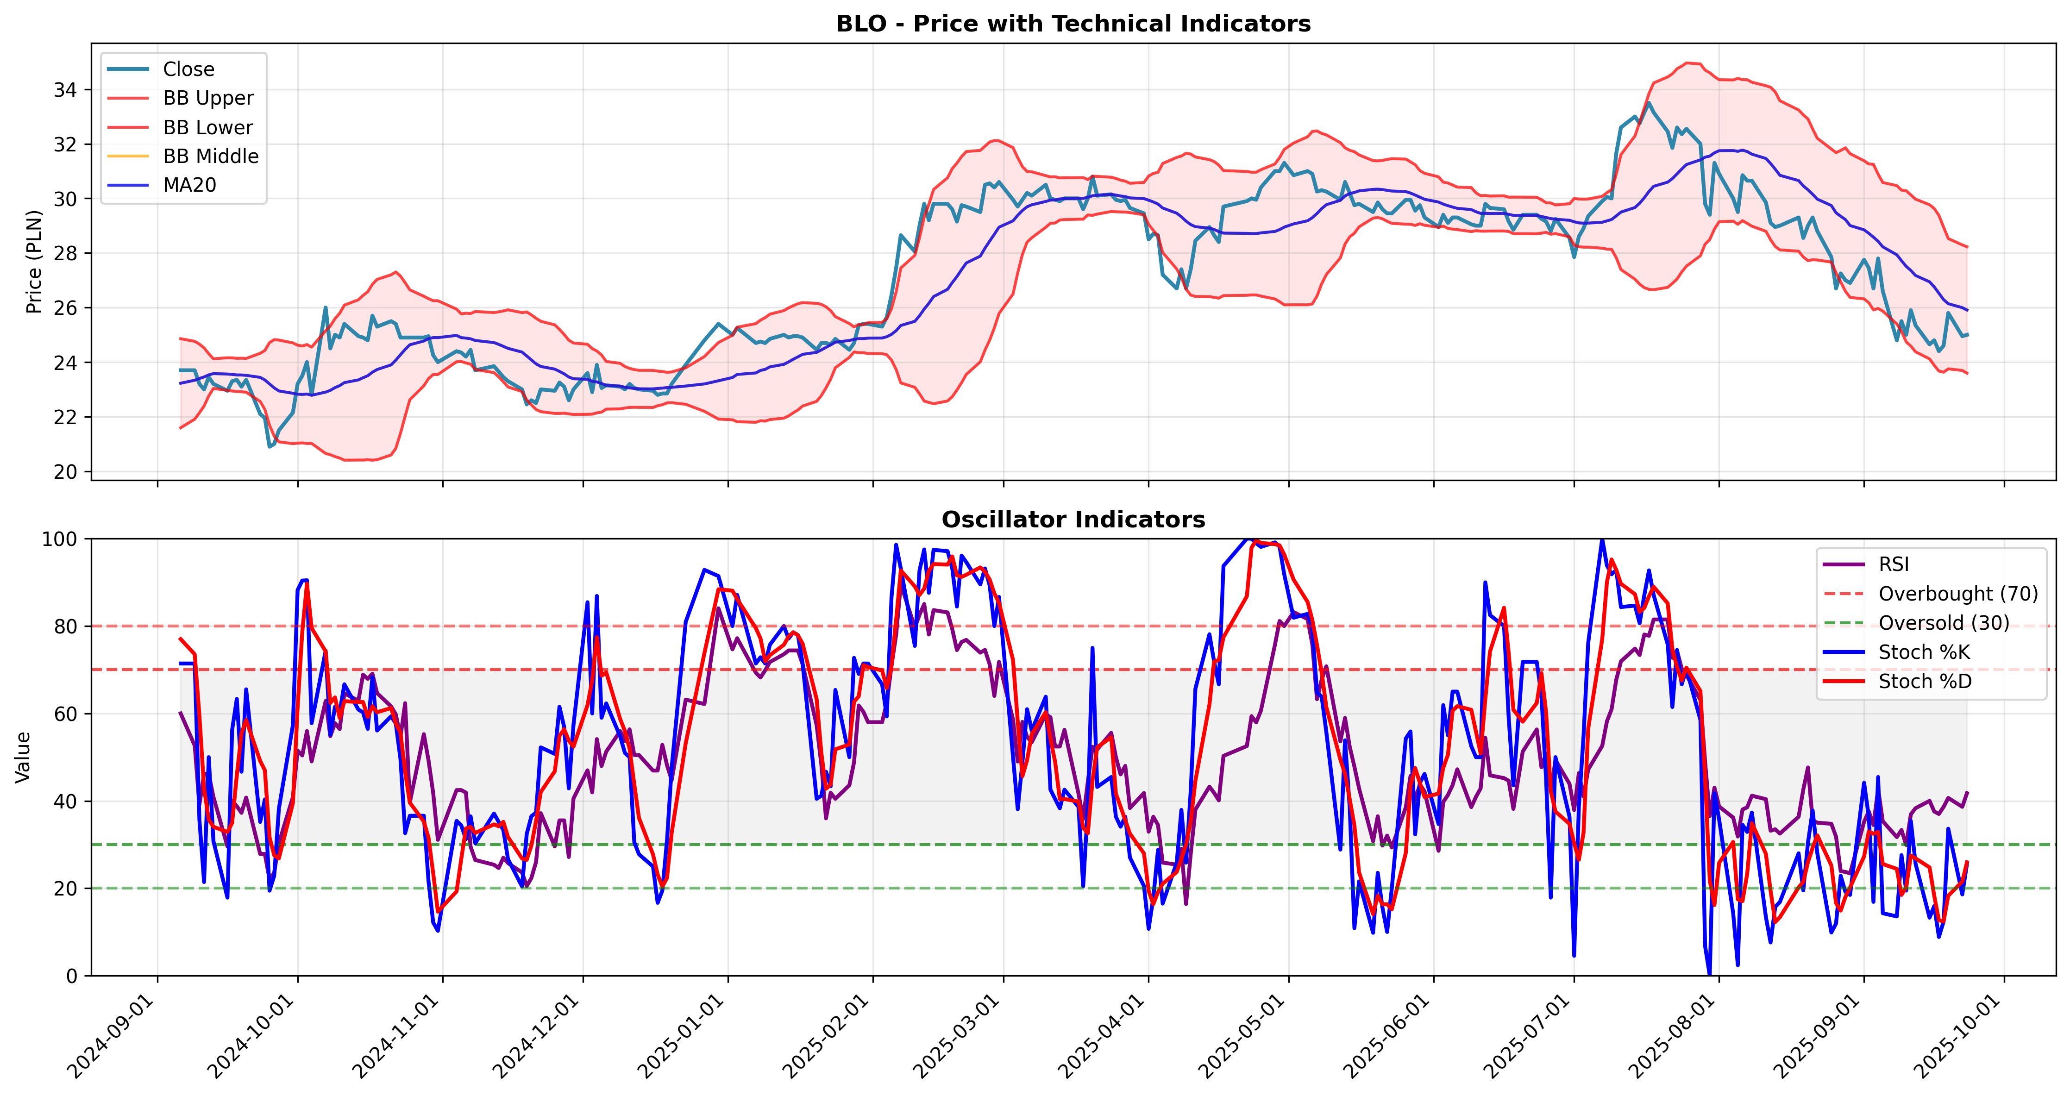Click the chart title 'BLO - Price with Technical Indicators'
(1073, 24)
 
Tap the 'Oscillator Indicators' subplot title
(1073, 520)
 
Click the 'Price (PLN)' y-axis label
(34, 262)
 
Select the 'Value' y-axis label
(23, 757)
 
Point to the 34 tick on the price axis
(66, 90)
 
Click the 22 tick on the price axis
(66, 418)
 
